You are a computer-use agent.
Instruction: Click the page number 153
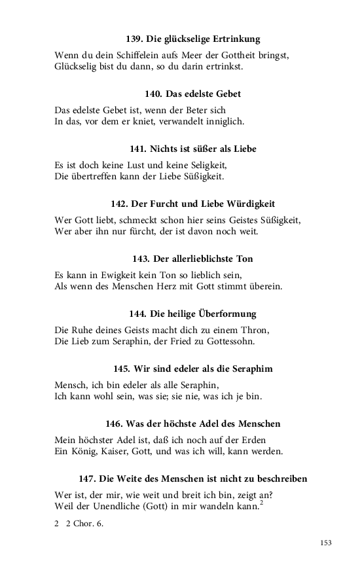pos(326,543)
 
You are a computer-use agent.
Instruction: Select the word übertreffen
pos(96,177)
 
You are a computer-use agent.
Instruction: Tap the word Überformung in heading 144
pos(224,314)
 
